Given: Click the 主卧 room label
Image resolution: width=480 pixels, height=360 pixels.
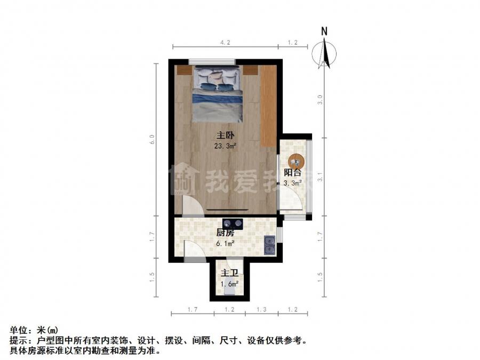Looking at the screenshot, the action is (226, 135).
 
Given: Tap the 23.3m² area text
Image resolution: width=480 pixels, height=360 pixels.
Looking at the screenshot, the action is (226, 146).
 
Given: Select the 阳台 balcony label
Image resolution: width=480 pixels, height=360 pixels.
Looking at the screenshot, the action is (293, 172).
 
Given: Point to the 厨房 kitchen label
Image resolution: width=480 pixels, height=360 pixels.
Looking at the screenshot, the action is (225, 233).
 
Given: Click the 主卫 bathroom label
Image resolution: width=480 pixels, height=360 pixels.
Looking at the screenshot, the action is (229, 273).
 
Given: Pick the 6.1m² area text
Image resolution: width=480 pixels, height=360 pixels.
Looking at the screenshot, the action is (225, 244).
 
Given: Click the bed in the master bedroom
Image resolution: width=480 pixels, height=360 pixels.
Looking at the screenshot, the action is (218, 94).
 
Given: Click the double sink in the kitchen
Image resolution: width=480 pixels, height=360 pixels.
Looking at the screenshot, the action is (270, 245).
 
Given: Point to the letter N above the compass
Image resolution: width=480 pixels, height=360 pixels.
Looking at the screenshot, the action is (324, 31).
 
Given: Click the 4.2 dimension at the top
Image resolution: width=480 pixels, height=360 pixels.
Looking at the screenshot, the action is (225, 43).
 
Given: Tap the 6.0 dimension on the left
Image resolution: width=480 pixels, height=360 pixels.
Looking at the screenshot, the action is (153, 139).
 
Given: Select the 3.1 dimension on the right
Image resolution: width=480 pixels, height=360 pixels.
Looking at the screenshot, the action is (320, 177).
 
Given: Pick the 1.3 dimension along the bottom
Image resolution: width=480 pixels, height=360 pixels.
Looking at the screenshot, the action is (261, 309).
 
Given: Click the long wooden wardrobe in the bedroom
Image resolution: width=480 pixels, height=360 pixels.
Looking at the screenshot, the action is (268, 106).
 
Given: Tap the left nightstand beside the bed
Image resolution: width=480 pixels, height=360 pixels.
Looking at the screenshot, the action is (185, 70).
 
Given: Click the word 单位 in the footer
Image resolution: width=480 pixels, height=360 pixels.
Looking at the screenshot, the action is (19, 330).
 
